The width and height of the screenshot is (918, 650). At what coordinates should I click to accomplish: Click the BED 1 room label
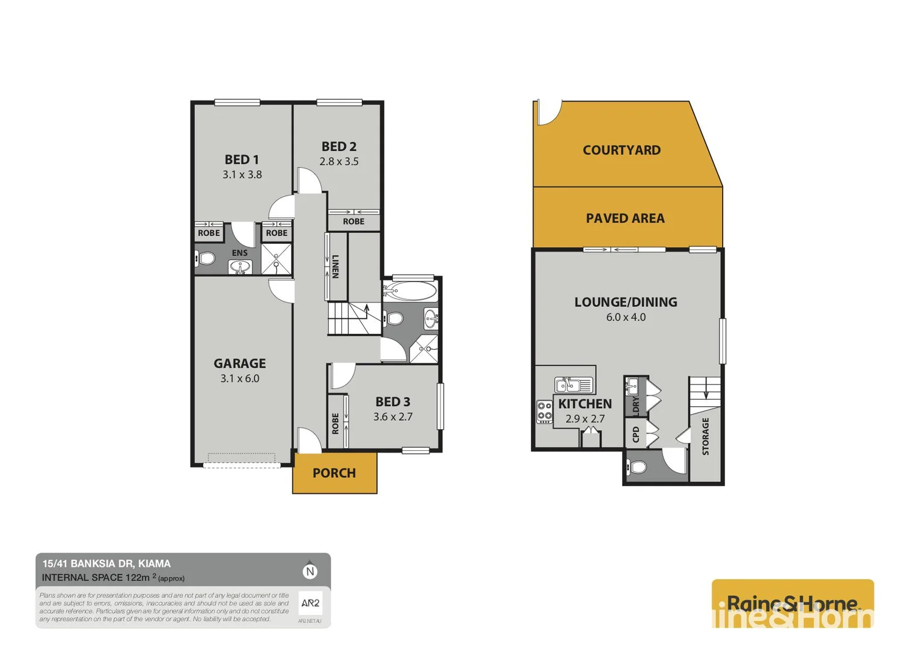click(242, 159)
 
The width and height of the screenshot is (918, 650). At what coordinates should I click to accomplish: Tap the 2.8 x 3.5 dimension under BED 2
click(339, 161)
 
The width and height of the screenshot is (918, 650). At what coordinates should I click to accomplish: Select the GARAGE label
click(239, 364)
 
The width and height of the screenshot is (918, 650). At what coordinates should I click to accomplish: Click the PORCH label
click(334, 473)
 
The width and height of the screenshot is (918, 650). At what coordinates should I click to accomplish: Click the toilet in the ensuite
click(206, 259)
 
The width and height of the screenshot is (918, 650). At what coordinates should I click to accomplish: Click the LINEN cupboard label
click(335, 266)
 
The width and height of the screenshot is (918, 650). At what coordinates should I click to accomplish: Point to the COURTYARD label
click(622, 150)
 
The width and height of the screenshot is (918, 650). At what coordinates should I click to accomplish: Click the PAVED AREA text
click(625, 218)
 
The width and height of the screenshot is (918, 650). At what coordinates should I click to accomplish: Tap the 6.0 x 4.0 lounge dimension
click(626, 317)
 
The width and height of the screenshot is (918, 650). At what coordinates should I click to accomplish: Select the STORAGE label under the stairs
click(705, 436)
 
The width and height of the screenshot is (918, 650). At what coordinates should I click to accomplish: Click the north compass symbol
click(310, 571)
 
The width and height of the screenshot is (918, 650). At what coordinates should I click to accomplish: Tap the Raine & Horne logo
click(792, 604)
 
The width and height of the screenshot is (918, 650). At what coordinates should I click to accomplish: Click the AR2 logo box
click(310, 603)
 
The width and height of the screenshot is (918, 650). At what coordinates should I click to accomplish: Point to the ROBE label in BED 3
click(335, 423)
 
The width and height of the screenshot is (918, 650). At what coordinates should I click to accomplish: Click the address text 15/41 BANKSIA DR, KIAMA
click(106, 564)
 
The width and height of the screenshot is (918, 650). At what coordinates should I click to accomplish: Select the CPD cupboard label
click(635, 434)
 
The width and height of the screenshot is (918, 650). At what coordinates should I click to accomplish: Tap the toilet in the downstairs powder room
click(637, 467)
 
